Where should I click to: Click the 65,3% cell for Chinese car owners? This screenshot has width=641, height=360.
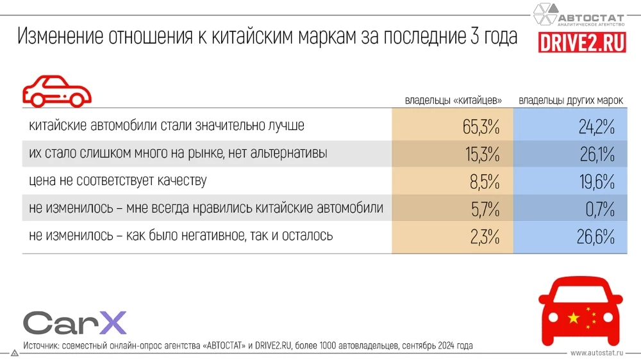click(x=481, y=126)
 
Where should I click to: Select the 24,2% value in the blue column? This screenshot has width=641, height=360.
click(x=597, y=126)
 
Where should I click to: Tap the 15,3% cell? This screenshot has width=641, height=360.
click(x=481, y=154)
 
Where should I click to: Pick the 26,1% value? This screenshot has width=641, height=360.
click(x=597, y=154)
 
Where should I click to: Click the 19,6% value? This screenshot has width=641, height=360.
click(x=597, y=181)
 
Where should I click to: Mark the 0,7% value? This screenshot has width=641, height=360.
click(x=600, y=209)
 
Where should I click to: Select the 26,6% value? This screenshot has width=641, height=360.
click(x=597, y=236)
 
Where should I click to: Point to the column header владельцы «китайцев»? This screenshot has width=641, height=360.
click(x=453, y=101)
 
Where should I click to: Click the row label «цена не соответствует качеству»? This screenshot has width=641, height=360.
click(x=118, y=181)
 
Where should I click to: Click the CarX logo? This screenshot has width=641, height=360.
click(x=74, y=322)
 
